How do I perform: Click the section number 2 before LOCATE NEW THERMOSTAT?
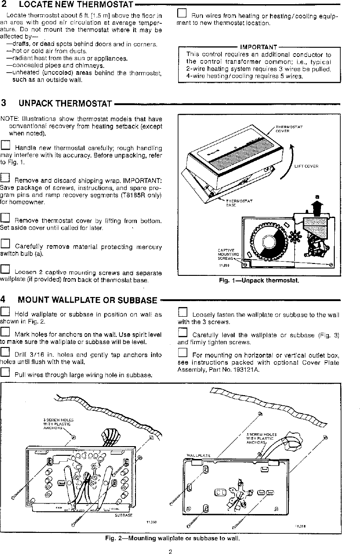(x=4, y=5)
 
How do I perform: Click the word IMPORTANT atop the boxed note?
(x=259, y=47)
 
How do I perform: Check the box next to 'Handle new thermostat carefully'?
(x=5, y=145)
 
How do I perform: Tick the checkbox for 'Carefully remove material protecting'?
(x=5, y=244)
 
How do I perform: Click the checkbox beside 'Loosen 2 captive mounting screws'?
(x=5, y=269)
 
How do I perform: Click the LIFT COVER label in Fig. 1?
(x=306, y=166)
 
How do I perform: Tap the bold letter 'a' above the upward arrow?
(x=316, y=197)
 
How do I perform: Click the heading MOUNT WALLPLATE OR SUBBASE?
(x=87, y=300)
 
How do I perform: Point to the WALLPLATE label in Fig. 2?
(x=198, y=455)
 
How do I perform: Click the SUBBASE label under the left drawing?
(x=124, y=515)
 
